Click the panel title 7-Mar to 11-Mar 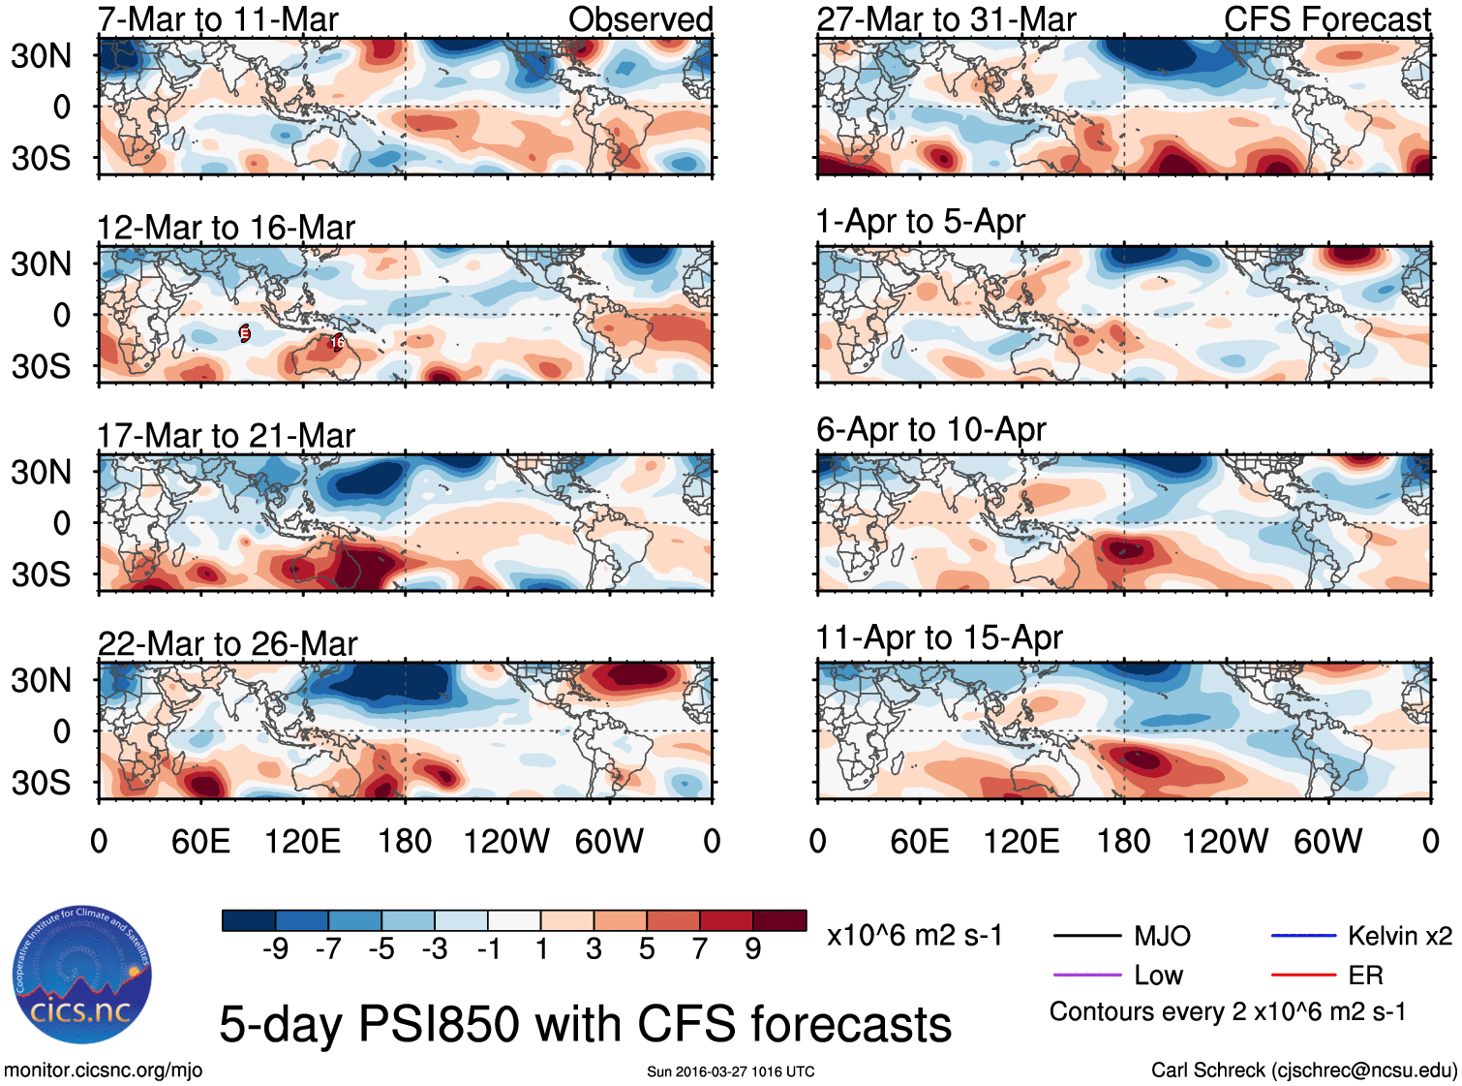coord(218,19)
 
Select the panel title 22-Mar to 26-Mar coord(228,643)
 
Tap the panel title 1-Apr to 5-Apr coord(920,222)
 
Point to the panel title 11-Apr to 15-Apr coord(939,638)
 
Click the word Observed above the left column coord(640,19)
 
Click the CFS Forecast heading coord(1326,19)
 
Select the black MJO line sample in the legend coord(1086,936)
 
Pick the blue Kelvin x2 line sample coord(1303,936)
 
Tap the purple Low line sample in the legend coord(1086,975)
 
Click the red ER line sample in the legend coord(1303,975)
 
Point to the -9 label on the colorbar coord(275,949)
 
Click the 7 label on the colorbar coord(700,949)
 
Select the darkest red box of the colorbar coord(779,920)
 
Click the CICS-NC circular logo coord(82,976)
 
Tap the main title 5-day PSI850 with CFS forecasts coord(585,1025)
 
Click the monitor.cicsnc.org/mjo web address coord(103,1070)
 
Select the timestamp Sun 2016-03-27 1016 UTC coord(731,1071)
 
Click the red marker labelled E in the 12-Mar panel coord(244,333)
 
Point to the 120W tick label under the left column coord(506,841)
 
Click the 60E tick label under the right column coord(920,841)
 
